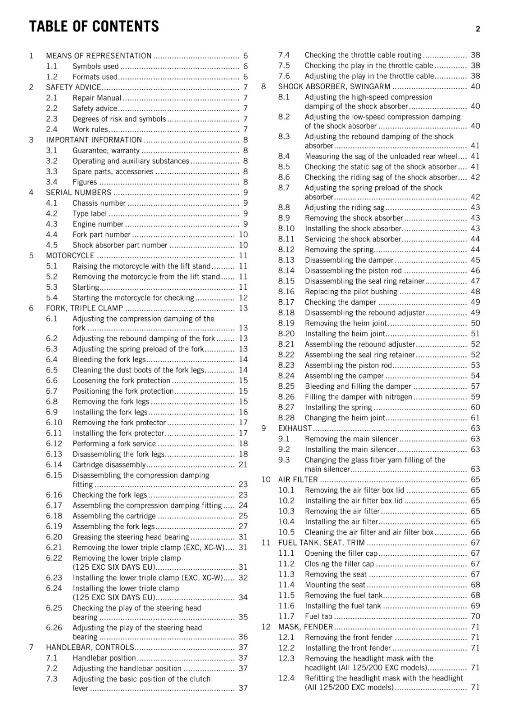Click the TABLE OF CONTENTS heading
(x=94, y=27)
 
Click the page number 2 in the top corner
(x=477, y=29)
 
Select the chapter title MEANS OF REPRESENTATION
(x=99, y=56)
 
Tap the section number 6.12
(x=54, y=444)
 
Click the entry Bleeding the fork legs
(x=109, y=360)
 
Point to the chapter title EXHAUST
(x=295, y=428)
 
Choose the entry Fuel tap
(x=318, y=616)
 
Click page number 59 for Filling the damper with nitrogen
(x=475, y=397)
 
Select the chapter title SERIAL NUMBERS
(x=78, y=193)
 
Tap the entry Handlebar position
(x=104, y=658)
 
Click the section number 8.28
(x=286, y=418)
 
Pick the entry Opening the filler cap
(x=341, y=553)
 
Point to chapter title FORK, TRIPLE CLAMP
(x=84, y=308)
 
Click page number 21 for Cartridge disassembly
(x=243, y=465)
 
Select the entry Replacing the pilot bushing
(x=351, y=292)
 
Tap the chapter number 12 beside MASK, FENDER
(x=266, y=627)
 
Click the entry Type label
(x=90, y=214)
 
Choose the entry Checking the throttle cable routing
(x=363, y=55)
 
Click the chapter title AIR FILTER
(x=298, y=480)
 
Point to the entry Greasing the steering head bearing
(x=131, y=537)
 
